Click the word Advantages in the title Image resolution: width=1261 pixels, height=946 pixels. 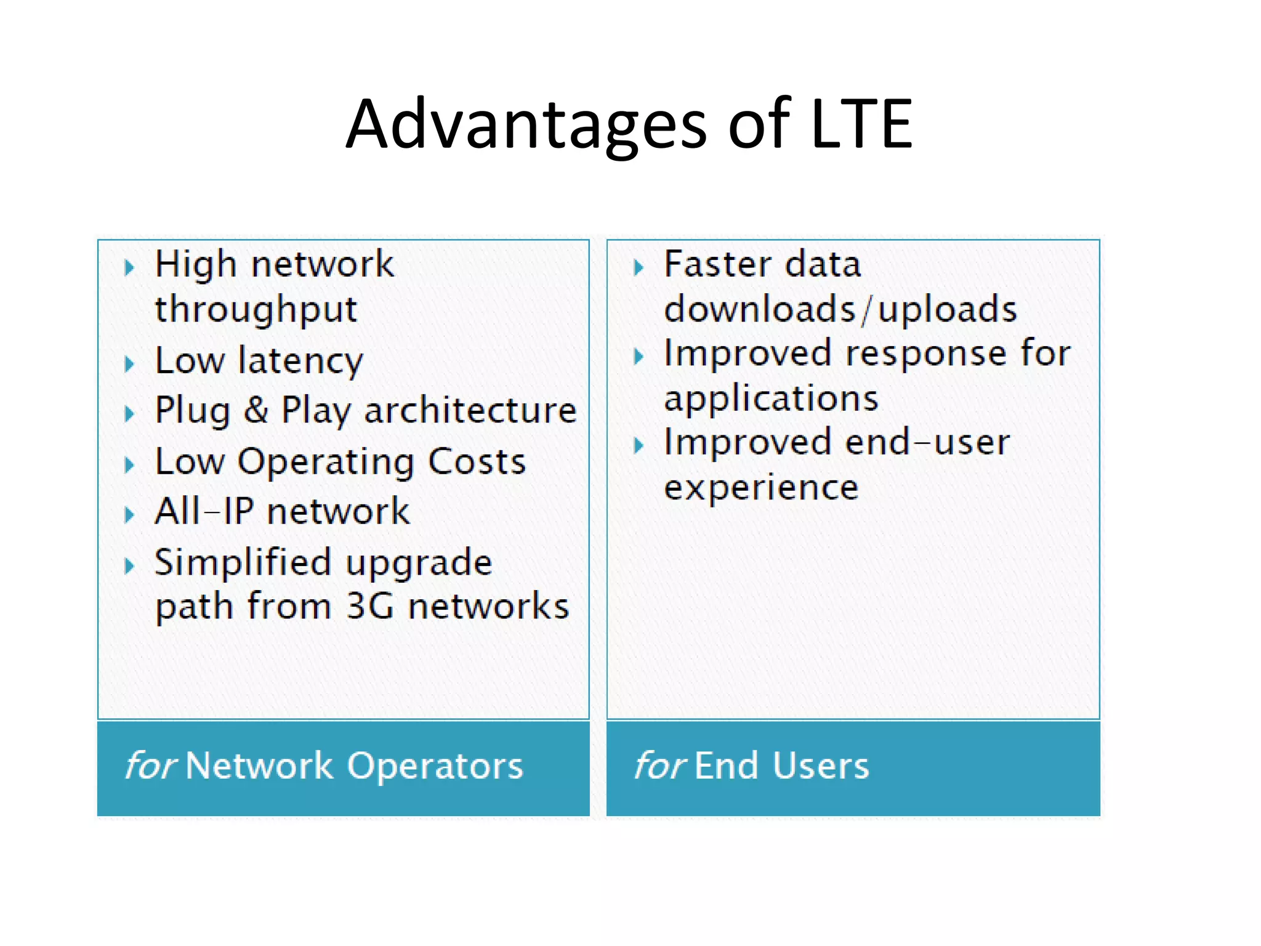coord(526,125)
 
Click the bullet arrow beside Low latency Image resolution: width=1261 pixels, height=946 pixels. coord(129,363)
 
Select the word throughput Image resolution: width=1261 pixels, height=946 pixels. coord(256,310)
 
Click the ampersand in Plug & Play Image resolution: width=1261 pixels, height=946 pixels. coord(256,410)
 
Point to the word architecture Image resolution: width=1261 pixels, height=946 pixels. coord(470,410)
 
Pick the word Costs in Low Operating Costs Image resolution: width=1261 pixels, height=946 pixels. coord(477,461)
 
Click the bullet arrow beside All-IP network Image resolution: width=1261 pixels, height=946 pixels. coord(129,514)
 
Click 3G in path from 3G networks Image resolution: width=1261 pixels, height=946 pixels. coord(369,607)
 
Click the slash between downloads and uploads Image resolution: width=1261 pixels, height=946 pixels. coord(866,310)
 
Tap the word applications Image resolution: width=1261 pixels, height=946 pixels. coord(771,399)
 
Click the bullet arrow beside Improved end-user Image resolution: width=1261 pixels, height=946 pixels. coord(639,445)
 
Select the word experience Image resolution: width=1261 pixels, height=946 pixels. coord(761,488)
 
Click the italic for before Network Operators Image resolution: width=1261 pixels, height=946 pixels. coord(150,766)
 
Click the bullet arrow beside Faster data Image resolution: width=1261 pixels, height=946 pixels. coord(639,267)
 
